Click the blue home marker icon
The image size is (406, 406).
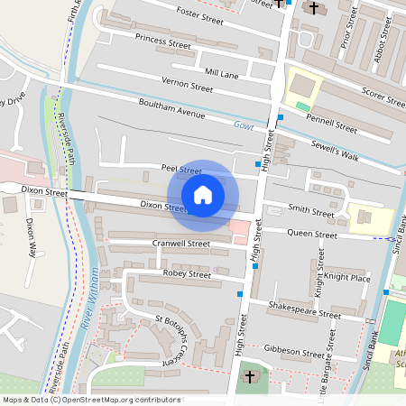203,194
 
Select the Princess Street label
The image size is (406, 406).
162,41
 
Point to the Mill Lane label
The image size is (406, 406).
221,72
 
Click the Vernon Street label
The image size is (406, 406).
187,88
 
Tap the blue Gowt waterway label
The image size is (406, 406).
244,125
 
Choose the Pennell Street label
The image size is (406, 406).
332,125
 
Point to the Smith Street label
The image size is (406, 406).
309,213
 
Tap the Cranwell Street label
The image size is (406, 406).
181,244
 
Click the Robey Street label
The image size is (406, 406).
186,273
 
